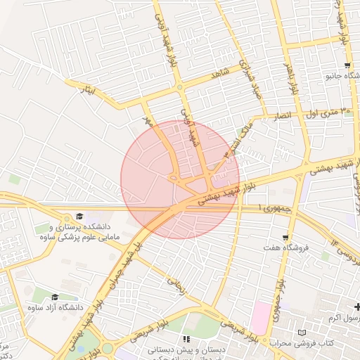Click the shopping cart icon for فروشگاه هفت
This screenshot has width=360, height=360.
point(285,237)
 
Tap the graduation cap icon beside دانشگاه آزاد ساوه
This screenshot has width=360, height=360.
point(55,297)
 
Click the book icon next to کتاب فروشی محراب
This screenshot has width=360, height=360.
point(302,332)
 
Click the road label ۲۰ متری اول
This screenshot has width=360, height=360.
point(326,110)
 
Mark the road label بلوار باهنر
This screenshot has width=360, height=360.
point(288,75)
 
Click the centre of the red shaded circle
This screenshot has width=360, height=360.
point(180,179)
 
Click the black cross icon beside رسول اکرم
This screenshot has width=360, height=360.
point(358,307)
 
